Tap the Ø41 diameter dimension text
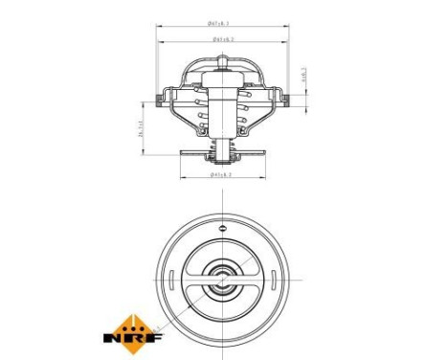pyautogui.click(x=222, y=174)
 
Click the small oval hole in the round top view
pyautogui.click(x=223, y=228)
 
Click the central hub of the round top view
pyautogui.click(x=223, y=282)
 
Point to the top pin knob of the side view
pyautogui.click(x=222, y=59)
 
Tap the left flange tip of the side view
pyautogui.click(x=154, y=98)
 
